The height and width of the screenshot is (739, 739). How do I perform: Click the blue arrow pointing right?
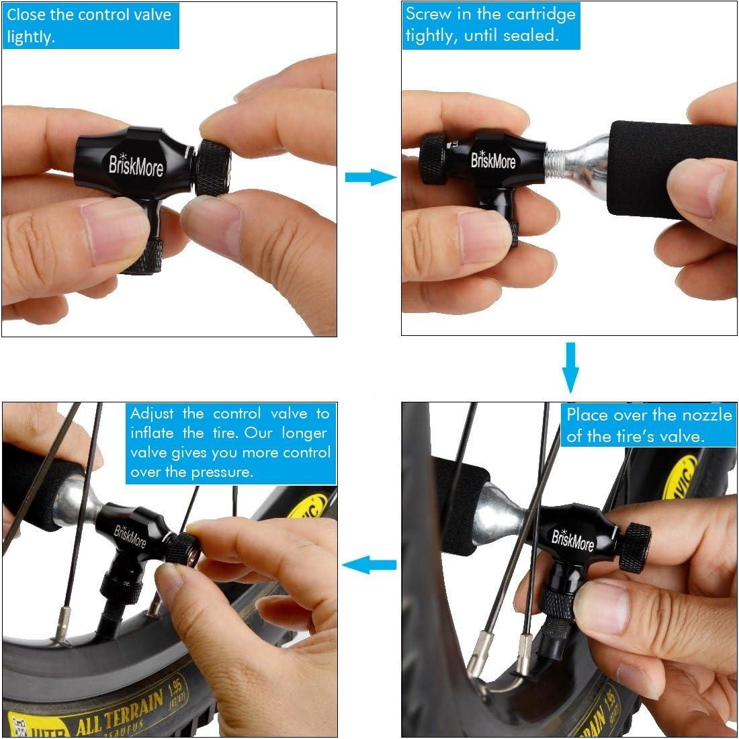click(369, 177)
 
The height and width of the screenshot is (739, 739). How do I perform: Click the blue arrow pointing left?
click(369, 565)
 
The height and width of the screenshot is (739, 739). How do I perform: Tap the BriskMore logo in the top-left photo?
click(136, 165)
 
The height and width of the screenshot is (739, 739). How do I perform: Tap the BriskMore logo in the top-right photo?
click(492, 161)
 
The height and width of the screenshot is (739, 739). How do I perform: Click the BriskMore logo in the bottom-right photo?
click(571, 536)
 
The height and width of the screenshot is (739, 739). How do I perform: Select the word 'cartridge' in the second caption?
click(541, 14)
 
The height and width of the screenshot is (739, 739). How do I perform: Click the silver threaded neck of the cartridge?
click(554, 162)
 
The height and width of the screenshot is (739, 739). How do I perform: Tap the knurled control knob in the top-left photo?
click(213, 168)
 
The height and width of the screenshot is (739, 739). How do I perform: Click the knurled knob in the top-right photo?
click(433, 162)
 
